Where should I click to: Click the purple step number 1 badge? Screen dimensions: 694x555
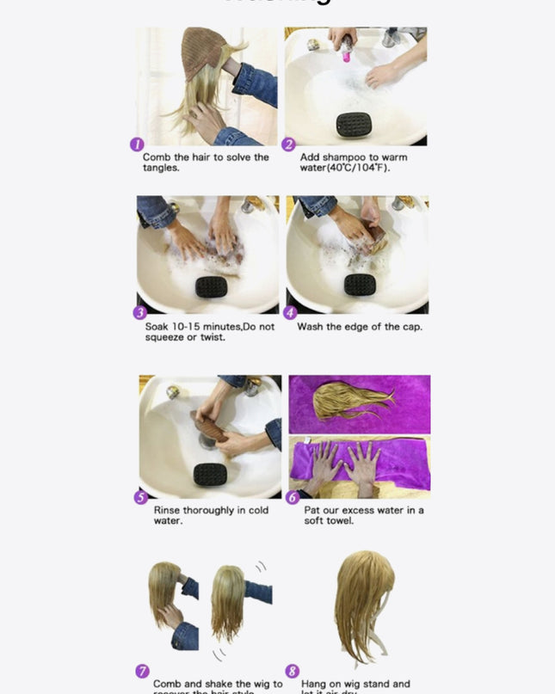pos(136,144)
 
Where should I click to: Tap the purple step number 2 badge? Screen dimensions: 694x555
pos(289,144)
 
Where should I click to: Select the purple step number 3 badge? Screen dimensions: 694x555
pos(139,313)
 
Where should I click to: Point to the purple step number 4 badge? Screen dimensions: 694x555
pos(290,313)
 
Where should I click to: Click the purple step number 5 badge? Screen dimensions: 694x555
pos(141,497)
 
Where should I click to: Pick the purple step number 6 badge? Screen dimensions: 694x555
pos(293,497)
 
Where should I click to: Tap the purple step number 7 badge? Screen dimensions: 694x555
pos(143,672)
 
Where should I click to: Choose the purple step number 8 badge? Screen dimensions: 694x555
pos(293,672)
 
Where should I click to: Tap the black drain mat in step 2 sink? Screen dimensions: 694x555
pos(353,124)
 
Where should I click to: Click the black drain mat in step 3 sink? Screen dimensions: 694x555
pos(211,286)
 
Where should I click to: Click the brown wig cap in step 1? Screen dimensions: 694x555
pos(201,54)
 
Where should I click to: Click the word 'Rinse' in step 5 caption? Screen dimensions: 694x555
pos(169,510)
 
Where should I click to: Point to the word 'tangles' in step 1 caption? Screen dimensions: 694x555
pos(162,168)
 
